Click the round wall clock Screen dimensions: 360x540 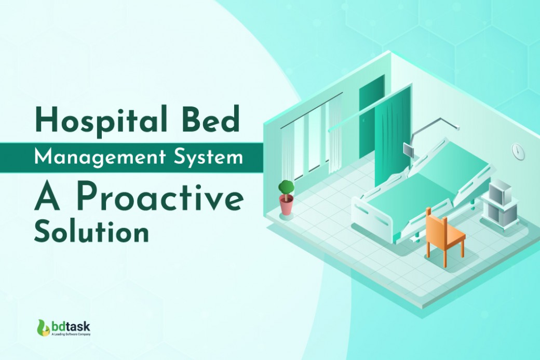tap(518, 151)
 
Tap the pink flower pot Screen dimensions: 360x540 tap(286, 205)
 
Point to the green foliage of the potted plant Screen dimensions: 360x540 tap(286, 186)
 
